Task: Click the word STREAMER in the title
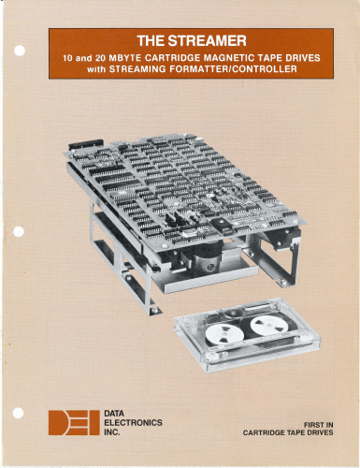point(208,41)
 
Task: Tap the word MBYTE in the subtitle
point(124,58)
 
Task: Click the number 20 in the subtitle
point(101,58)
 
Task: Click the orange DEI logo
point(74,423)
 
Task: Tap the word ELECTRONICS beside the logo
point(133,423)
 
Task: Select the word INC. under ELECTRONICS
point(112,432)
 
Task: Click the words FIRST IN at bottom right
point(318,425)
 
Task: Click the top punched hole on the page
point(20,51)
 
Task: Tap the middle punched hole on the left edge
point(19,231)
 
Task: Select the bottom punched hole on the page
point(19,413)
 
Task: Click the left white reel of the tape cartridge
point(224,334)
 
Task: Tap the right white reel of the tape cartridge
point(268,326)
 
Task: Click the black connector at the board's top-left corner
point(86,144)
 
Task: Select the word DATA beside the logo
point(114,414)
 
